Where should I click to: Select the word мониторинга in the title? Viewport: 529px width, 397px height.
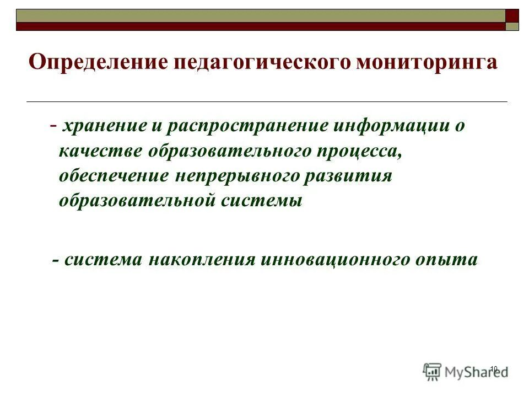(427, 62)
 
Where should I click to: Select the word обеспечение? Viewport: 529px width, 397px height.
(114, 176)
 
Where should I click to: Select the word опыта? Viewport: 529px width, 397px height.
(447, 260)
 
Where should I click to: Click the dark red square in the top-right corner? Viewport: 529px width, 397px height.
(512, 15)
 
